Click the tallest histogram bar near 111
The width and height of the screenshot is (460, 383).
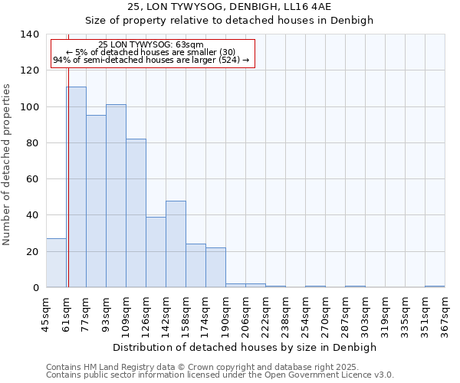(x=76, y=187)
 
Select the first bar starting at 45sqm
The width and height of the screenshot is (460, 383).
(x=56, y=263)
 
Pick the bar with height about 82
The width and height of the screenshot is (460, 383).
(x=136, y=213)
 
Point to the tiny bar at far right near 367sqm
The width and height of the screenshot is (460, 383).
(x=435, y=286)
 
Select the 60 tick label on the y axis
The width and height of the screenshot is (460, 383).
(x=33, y=179)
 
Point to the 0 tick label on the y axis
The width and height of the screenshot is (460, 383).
(x=36, y=288)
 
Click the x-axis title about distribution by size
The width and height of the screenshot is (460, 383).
(x=245, y=347)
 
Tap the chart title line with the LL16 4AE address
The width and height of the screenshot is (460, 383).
(x=229, y=7)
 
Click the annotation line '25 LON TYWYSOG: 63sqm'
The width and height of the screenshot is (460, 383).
(x=151, y=45)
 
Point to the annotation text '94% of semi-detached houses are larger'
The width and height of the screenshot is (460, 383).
(x=151, y=60)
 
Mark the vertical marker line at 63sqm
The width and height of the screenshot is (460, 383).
(x=68, y=176)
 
